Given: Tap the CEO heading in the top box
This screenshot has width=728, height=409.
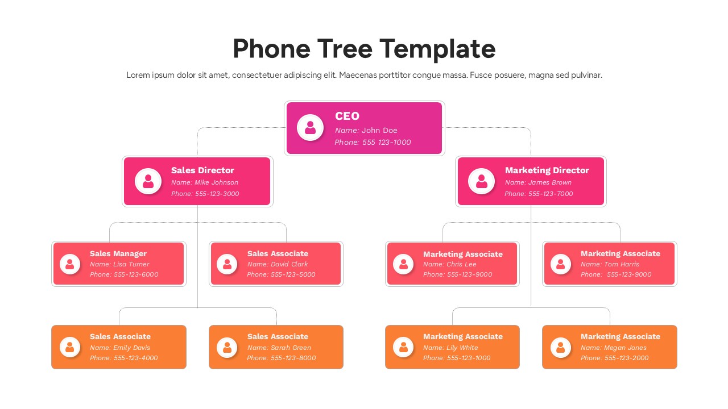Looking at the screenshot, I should [x=347, y=116].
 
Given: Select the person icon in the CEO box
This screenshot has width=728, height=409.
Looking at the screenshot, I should [x=310, y=128].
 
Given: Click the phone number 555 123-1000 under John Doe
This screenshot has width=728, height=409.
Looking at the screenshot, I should [x=386, y=142].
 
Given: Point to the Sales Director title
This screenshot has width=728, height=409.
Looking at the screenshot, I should [x=202, y=170].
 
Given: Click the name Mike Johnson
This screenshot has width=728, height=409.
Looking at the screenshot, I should [x=216, y=182].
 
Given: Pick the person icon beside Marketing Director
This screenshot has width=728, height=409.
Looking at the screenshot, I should [x=481, y=181].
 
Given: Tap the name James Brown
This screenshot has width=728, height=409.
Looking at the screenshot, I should [x=549, y=182].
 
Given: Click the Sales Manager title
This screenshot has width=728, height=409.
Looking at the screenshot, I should [x=118, y=253].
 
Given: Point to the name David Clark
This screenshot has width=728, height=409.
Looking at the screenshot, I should [x=289, y=264].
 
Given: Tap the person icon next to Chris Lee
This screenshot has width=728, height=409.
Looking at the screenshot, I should [x=403, y=264].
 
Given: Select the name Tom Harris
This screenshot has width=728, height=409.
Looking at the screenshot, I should [x=622, y=264].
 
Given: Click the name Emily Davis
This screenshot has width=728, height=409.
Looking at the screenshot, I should [x=131, y=348].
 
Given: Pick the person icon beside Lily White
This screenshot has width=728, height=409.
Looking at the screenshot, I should [x=403, y=347].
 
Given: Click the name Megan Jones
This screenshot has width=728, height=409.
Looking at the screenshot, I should [x=625, y=348].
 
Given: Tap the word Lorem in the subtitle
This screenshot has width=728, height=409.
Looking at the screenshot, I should [x=138, y=75].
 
